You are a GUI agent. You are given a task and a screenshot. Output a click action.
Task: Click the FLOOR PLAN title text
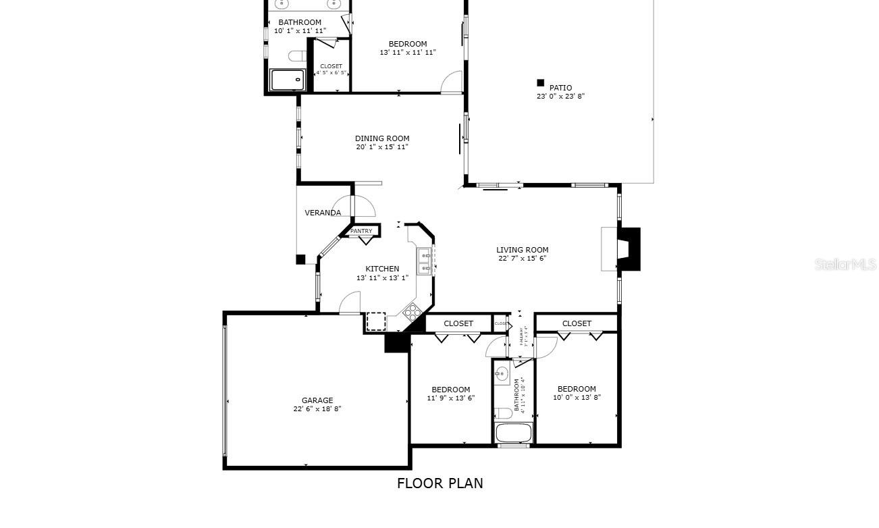point(439,483)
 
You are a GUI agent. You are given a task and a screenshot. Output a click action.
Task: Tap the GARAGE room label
point(317,400)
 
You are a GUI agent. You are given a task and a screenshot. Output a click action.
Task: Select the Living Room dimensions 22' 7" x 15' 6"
point(522,259)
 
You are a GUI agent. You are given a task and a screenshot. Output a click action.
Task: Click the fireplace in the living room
point(627,249)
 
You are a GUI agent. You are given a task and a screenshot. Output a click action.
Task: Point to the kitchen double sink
point(425,261)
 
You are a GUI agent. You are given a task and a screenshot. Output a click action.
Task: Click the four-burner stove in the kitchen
point(412,311)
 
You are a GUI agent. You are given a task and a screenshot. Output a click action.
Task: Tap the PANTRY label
point(361,231)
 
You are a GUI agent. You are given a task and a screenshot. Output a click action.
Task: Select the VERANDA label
point(323,213)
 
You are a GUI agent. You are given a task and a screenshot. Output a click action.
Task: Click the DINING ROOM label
point(382,138)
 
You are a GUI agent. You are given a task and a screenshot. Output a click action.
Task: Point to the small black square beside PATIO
point(540,83)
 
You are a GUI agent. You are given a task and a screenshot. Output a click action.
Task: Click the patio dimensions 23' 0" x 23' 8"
point(560,97)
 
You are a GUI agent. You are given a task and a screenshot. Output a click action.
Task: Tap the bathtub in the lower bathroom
point(514,433)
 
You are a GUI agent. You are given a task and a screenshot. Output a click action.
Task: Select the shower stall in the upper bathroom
point(288,80)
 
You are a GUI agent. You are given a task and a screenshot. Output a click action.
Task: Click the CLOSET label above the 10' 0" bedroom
point(577,323)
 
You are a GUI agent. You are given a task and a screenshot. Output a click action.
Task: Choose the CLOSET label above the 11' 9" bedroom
point(458,323)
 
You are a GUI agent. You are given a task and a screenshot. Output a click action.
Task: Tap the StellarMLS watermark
point(845,264)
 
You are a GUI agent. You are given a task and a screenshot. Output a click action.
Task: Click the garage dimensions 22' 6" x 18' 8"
point(317,409)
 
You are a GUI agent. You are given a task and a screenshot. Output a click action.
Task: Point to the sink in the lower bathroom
point(502,375)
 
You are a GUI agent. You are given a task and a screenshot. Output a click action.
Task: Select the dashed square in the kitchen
point(376,321)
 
